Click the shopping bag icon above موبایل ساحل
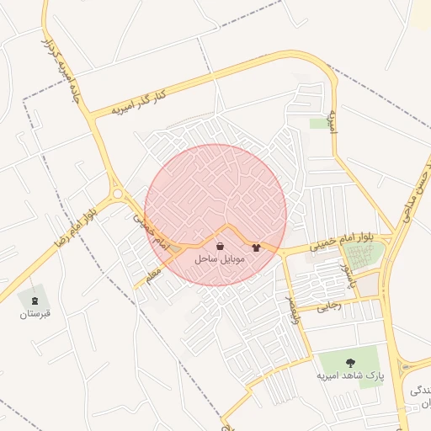coord(220,247)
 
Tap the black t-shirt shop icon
coord(256,247)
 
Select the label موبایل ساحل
coord(220,260)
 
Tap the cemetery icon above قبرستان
coord(35,301)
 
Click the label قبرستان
coord(35,314)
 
